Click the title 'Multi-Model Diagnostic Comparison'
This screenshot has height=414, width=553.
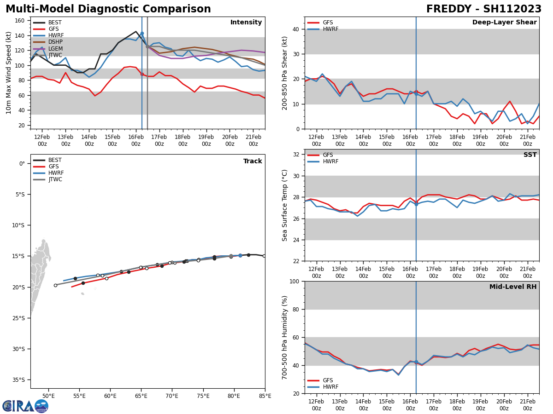[x=108, y=9]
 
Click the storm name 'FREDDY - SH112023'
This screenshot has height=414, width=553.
[x=483, y=9]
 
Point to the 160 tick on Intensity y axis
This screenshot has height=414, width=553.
[x=21, y=21]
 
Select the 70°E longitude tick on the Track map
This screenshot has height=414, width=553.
[x=172, y=395]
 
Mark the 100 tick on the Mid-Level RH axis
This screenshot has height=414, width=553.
[x=295, y=281]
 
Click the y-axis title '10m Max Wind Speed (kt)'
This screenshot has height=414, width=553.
[x=9, y=73]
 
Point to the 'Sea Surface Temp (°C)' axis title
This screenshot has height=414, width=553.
[x=285, y=205]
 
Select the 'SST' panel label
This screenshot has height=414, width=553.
[x=529, y=155]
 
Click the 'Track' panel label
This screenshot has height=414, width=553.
[x=253, y=161]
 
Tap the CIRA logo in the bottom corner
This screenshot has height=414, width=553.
[x=25, y=406]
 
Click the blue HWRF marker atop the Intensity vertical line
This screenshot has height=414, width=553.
[x=142, y=34]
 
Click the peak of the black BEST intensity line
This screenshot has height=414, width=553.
[x=135, y=32]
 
